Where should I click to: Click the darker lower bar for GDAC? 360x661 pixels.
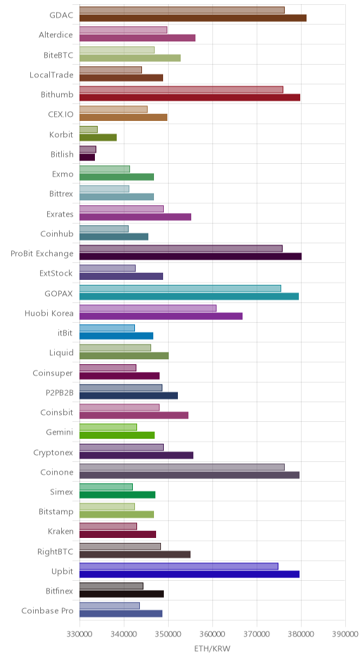click(193, 18)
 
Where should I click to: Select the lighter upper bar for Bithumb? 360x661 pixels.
click(181, 89)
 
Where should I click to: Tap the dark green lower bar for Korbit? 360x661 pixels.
click(98, 137)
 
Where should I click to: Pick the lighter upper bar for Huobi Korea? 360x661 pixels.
click(148, 308)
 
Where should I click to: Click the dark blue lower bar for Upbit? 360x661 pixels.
click(189, 575)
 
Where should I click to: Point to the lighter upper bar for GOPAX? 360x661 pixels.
click(181, 288)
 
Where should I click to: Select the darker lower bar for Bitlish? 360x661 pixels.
click(87, 158)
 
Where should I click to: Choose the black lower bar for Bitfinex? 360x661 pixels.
click(122, 594)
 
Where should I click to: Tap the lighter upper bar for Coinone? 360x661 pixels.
click(182, 467)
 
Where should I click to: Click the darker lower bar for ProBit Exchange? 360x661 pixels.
click(191, 256)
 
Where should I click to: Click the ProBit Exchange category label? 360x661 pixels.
click(42, 254)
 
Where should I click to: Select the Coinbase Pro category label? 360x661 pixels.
click(47, 611)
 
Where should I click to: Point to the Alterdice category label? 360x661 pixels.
click(56, 35)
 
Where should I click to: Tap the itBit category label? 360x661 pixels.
click(65, 333)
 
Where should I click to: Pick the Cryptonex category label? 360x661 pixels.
click(53, 453)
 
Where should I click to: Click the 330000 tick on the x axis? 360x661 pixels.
click(79, 634)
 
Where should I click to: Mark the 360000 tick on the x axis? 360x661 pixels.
click(212, 634)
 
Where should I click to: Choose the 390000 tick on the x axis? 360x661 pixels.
click(345, 634)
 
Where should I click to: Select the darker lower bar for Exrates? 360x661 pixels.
click(135, 217)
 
